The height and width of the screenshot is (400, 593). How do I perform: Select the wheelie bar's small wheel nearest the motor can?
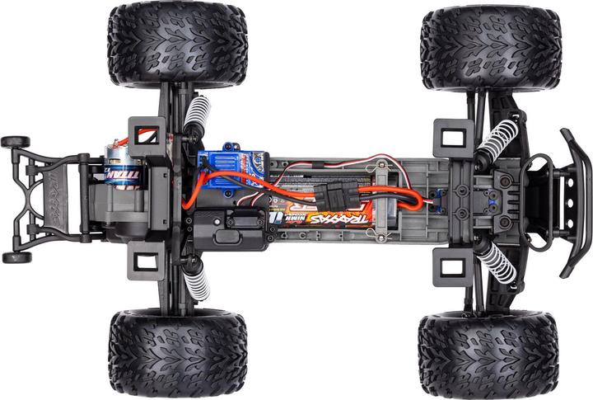click(15, 142)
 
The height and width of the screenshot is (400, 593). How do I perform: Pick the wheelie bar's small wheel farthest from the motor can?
click(15, 257)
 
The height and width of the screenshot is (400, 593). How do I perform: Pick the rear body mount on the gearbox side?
click(145, 262)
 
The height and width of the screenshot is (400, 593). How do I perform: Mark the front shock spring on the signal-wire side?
click(497, 136)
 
